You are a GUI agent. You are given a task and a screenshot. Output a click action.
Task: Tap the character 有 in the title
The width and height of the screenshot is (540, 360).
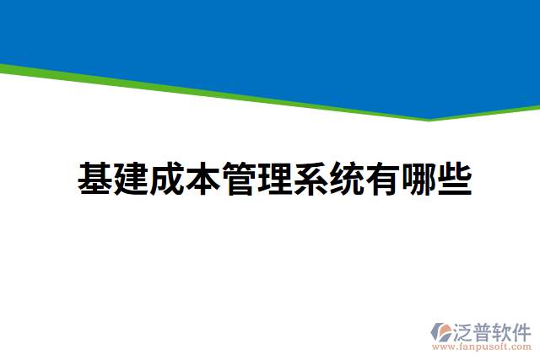click(x=382, y=179)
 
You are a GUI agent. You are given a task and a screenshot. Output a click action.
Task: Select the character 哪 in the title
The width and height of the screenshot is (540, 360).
click(x=418, y=179)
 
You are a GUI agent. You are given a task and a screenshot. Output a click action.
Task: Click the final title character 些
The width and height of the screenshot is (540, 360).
click(x=454, y=179)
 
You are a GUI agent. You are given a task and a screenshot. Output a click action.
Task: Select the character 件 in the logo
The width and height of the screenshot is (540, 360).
click(x=522, y=330)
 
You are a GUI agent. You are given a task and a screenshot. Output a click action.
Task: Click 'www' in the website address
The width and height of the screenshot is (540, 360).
click(x=442, y=347)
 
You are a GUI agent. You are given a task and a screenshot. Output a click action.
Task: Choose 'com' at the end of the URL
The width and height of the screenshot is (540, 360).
click(x=520, y=347)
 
